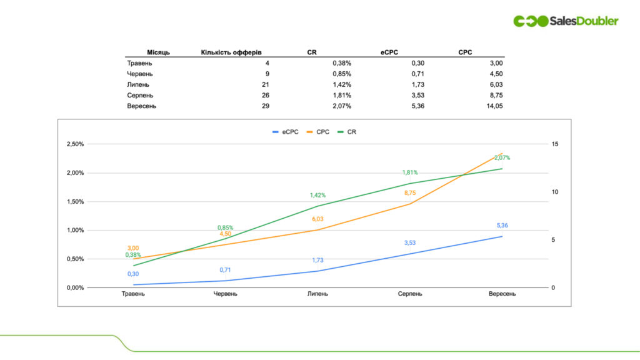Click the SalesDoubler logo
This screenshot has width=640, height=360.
pos(566,21)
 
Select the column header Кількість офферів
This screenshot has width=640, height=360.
pos(235,52)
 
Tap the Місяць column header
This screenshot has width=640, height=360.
pos(158,52)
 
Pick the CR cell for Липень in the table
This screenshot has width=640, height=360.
pos(342,84)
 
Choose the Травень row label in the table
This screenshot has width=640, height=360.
pos(139,63)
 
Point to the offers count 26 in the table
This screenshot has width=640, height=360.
pos(265,95)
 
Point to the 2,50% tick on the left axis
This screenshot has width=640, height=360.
pos(74,144)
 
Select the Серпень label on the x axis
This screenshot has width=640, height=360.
pos(410,294)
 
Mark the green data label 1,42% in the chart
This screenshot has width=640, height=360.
pos(317,195)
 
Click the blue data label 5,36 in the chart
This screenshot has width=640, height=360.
pos(502,226)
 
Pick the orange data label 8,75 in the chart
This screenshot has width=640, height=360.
pos(410,193)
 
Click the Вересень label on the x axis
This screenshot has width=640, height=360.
pos(502,294)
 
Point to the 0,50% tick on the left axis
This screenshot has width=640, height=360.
pos(74,259)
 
